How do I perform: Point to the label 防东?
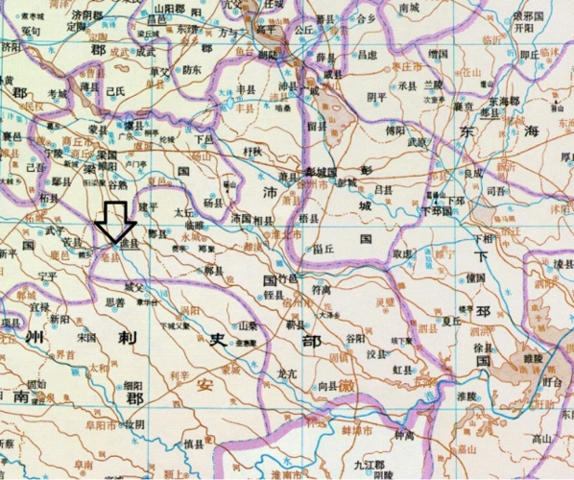tap(192, 69)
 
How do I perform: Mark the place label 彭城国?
tap(333, 182)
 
